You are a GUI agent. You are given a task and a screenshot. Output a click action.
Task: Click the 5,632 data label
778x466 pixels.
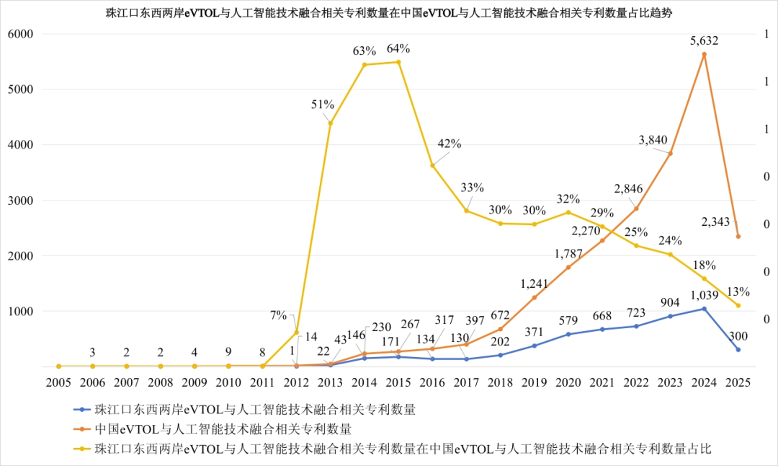coord(703,41)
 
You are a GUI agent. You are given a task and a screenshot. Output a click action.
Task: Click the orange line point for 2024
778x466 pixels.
coord(704,54)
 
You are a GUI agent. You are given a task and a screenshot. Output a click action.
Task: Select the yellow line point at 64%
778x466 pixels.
coord(398,62)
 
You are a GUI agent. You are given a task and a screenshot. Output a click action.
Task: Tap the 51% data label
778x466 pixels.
coord(323,105)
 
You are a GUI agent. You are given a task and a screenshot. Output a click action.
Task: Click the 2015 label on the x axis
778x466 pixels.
coord(398,382)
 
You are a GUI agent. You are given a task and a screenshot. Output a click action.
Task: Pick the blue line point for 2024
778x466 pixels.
coord(704,309)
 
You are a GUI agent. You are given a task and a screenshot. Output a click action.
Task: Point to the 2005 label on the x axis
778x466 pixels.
coord(58,382)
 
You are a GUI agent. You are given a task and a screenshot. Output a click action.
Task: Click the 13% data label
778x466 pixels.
coord(738,292)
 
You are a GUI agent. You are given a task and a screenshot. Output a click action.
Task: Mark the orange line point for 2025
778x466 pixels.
coord(738,237)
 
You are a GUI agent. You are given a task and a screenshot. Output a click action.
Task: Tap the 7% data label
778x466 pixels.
coord(278,315)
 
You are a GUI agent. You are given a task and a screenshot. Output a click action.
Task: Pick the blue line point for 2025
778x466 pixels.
coord(738,350)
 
